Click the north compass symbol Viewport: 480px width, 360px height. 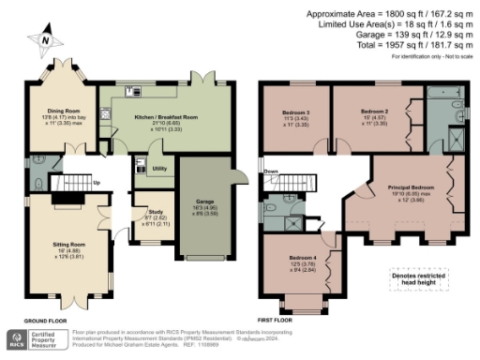click(x=43, y=38)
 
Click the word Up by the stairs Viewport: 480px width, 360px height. click(x=96, y=183)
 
